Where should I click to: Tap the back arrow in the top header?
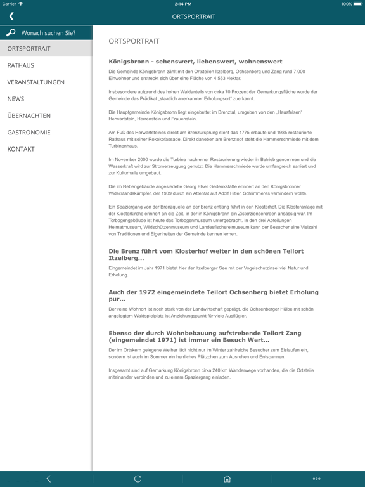click(11, 16)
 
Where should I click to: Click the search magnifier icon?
click(11, 33)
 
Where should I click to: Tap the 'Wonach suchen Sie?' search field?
click(48, 33)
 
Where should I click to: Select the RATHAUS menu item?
click(21, 65)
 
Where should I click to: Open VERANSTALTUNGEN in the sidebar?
click(35, 82)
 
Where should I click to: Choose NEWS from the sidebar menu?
click(16, 99)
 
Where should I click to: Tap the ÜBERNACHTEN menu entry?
click(29, 116)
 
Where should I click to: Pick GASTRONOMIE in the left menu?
click(29, 133)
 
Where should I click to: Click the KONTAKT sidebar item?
click(21, 150)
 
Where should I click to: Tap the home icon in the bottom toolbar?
click(227, 479)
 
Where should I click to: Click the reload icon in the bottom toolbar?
click(138, 479)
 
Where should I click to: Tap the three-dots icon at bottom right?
click(316, 479)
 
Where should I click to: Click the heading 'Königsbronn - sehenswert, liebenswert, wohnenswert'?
click(195, 62)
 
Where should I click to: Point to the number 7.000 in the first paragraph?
click(297, 72)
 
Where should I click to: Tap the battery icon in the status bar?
click(358, 4)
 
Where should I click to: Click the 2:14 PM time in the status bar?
click(182, 4)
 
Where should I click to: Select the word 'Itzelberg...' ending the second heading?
click(126, 259)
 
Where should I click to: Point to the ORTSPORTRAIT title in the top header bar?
click(194, 16)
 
